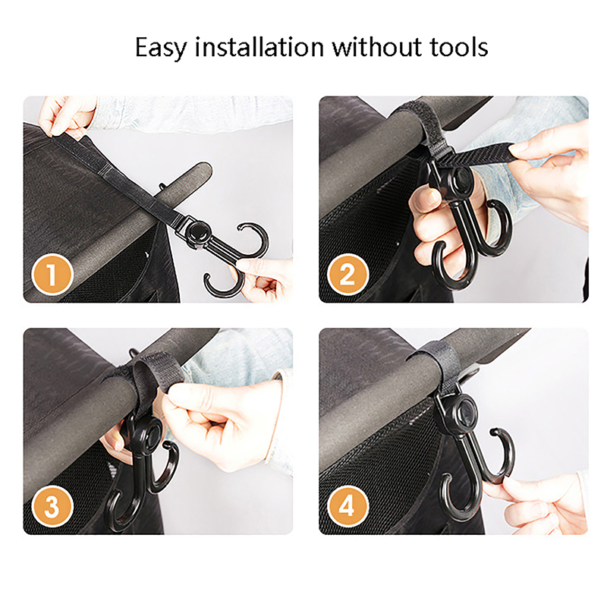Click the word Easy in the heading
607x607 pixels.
pos(161,48)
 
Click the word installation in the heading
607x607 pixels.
pos(259,47)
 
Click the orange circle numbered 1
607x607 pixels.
pos(52,275)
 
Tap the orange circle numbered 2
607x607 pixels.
pos(348,275)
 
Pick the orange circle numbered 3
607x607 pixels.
pos(52,506)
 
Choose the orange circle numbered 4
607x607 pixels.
pos(348,506)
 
